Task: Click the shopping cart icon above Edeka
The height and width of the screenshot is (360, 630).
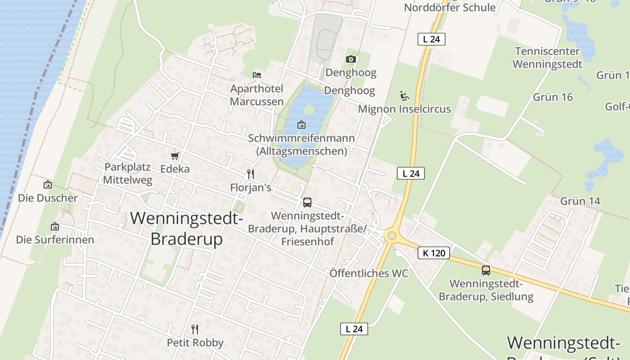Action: (x=175, y=156)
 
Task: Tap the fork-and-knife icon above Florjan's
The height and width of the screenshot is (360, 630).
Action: (x=251, y=174)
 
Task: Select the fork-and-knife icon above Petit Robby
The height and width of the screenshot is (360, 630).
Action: (x=195, y=329)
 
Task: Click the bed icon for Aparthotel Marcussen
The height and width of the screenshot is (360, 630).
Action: (x=257, y=75)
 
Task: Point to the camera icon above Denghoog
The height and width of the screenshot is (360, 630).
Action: (x=351, y=59)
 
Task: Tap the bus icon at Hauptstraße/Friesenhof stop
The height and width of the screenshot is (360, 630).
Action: (x=307, y=202)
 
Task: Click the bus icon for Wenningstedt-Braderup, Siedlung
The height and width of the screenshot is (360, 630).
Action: (x=486, y=270)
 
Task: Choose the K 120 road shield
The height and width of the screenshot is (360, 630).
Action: (x=434, y=253)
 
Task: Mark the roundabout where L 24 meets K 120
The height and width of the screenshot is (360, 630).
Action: (x=391, y=235)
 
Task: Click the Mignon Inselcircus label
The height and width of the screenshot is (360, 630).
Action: (x=404, y=109)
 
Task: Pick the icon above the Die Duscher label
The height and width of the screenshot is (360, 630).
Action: (x=47, y=184)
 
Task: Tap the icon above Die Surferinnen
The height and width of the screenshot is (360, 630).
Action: (x=55, y=226)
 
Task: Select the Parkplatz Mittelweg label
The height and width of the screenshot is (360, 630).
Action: (x=128, y=173)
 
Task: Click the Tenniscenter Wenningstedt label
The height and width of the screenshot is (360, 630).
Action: (x=547, y=58)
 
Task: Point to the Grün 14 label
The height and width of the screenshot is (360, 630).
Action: (x=580, y=201)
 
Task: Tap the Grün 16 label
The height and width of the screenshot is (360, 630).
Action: (x=553, y=97)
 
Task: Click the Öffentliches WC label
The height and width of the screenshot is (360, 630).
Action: (x=369, y=273)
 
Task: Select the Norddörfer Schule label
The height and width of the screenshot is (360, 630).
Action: (x=450, y=7)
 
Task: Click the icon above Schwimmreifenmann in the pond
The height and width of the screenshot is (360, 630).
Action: (x=301, y=124)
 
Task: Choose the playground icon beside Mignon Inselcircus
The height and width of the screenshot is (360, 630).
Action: (x=404, y=95)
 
